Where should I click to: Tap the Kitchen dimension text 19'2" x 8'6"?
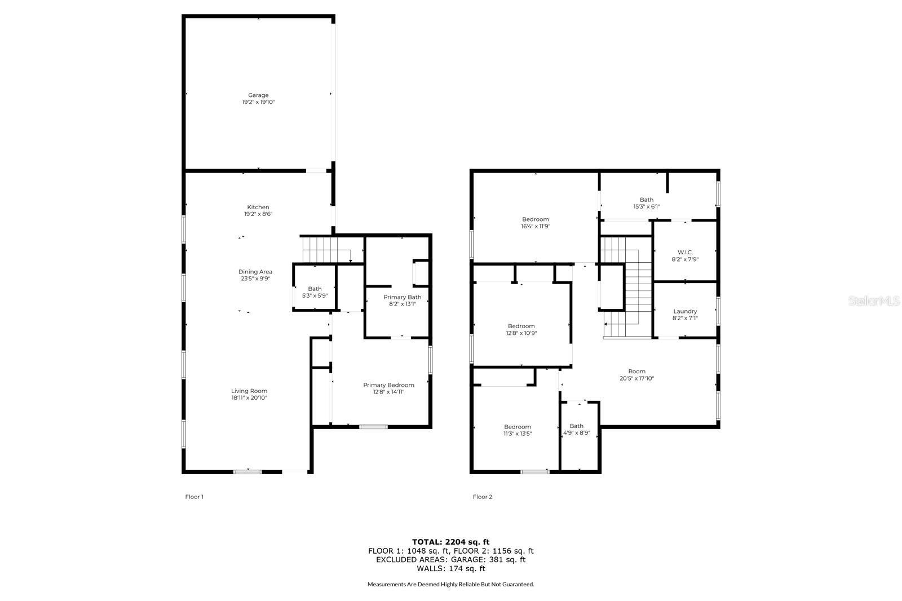point(258,214)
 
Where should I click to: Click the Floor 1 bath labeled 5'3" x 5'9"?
point(315,292)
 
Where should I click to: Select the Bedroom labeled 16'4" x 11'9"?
point(536,222)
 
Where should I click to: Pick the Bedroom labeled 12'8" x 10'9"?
point(521,329)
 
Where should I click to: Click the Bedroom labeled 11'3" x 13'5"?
point(518,430)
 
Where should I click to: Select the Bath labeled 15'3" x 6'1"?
point(646,202)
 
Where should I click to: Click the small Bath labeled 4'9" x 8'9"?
point(576,429)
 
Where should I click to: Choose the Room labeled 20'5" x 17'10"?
point(636,374)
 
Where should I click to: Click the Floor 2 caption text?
point(483,497)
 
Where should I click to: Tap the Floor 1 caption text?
point(194,497)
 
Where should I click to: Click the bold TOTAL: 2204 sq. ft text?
point(450,542)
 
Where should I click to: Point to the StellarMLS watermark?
point(874,301)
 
